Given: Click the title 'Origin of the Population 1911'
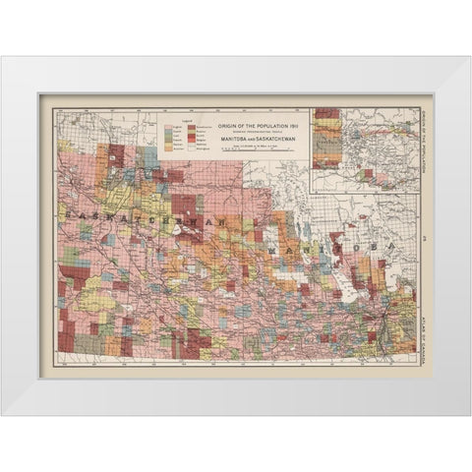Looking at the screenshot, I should (252, 120).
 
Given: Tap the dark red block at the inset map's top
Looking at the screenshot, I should (326, 114).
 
